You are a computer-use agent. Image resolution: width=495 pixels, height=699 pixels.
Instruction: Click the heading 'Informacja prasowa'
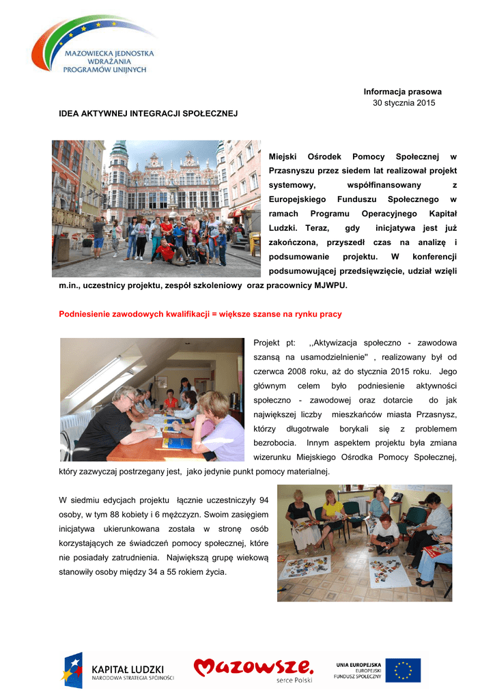pos(402,91)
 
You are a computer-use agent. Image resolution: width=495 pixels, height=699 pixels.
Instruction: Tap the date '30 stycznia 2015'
pos(404,103)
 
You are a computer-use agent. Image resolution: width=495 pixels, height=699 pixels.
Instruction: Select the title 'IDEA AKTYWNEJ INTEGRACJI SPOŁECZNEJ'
pos(148,113)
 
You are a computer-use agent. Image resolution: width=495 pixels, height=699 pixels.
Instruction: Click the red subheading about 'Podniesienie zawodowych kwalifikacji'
pos(201,314)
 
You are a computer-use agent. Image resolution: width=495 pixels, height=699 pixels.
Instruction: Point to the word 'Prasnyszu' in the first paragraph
pos(296,171)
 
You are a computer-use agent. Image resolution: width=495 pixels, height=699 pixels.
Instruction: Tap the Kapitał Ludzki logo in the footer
pos(120,670)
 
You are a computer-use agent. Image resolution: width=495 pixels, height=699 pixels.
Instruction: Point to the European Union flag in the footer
pos(403,670)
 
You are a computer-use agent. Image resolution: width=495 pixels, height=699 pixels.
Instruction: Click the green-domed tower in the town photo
pos(119,158)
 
